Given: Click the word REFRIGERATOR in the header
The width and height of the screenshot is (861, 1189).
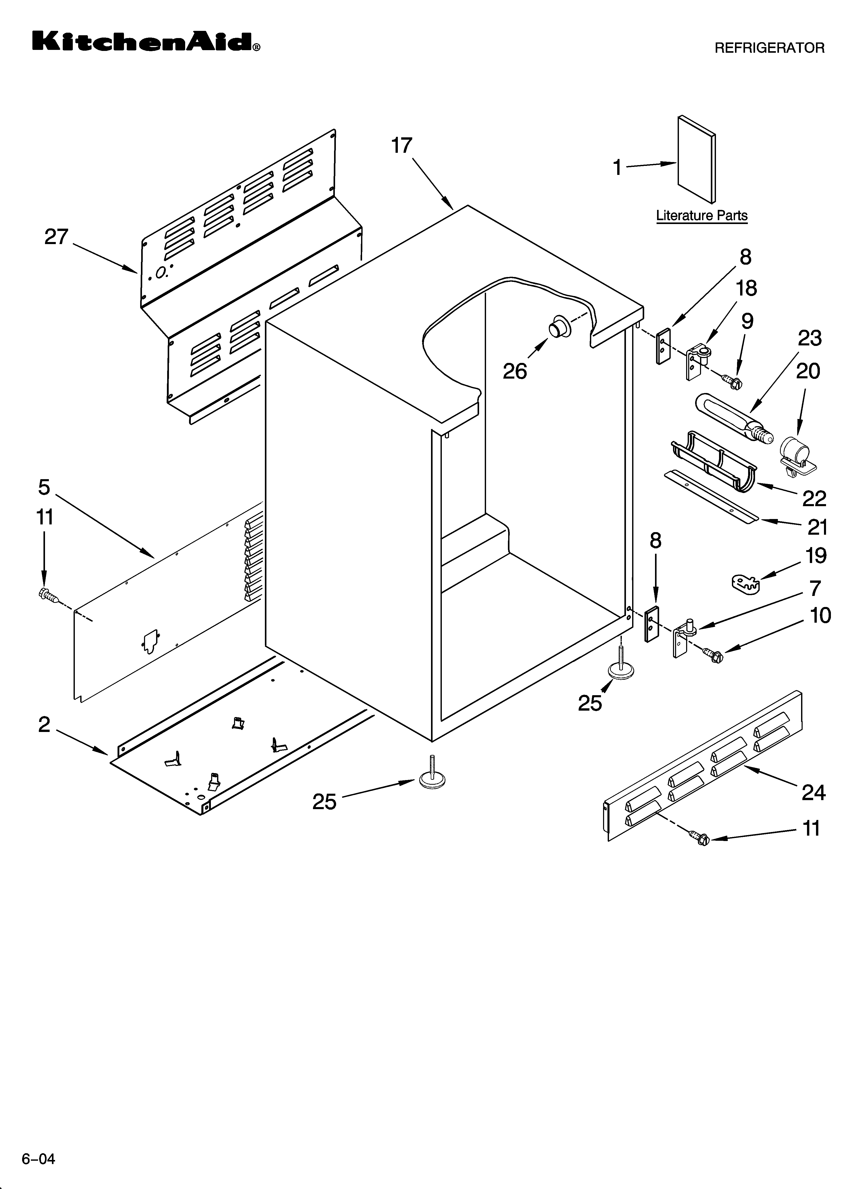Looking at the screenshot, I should [769, 48].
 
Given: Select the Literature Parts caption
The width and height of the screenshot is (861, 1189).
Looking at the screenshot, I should [702, 216].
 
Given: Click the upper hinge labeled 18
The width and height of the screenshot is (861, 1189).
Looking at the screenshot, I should [698, 360].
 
